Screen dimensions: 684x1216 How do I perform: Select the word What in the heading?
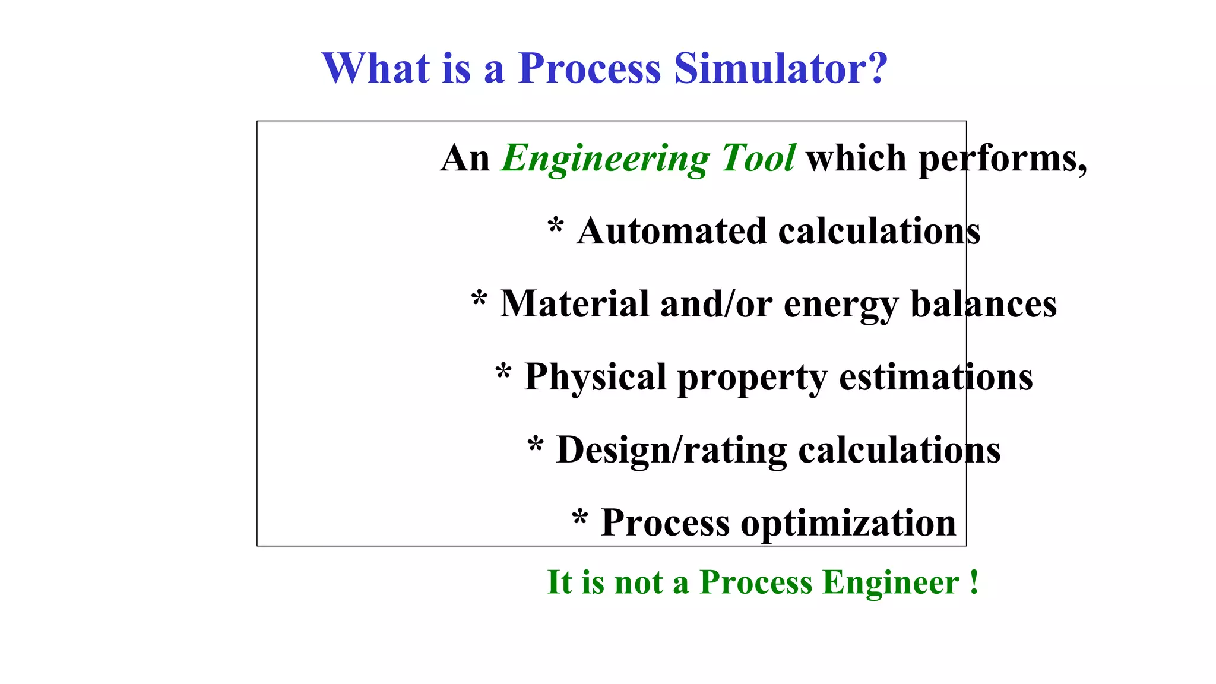coord(375,68)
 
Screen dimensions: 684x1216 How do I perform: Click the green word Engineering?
coord(606,159)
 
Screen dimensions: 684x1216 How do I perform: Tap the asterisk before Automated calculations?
coord(556,226)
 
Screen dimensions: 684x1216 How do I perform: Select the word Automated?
coord(672,231)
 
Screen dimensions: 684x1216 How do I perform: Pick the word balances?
coord(983,304)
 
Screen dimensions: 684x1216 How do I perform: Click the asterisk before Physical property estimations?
coord(503,372)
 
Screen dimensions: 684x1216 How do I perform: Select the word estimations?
coord(936,377)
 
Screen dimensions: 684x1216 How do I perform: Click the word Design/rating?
coord(671,451)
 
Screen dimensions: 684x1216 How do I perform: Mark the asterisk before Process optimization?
coord(580,518)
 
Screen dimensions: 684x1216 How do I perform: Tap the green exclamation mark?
coord(974,582)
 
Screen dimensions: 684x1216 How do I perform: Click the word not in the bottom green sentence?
coord(638,582)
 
